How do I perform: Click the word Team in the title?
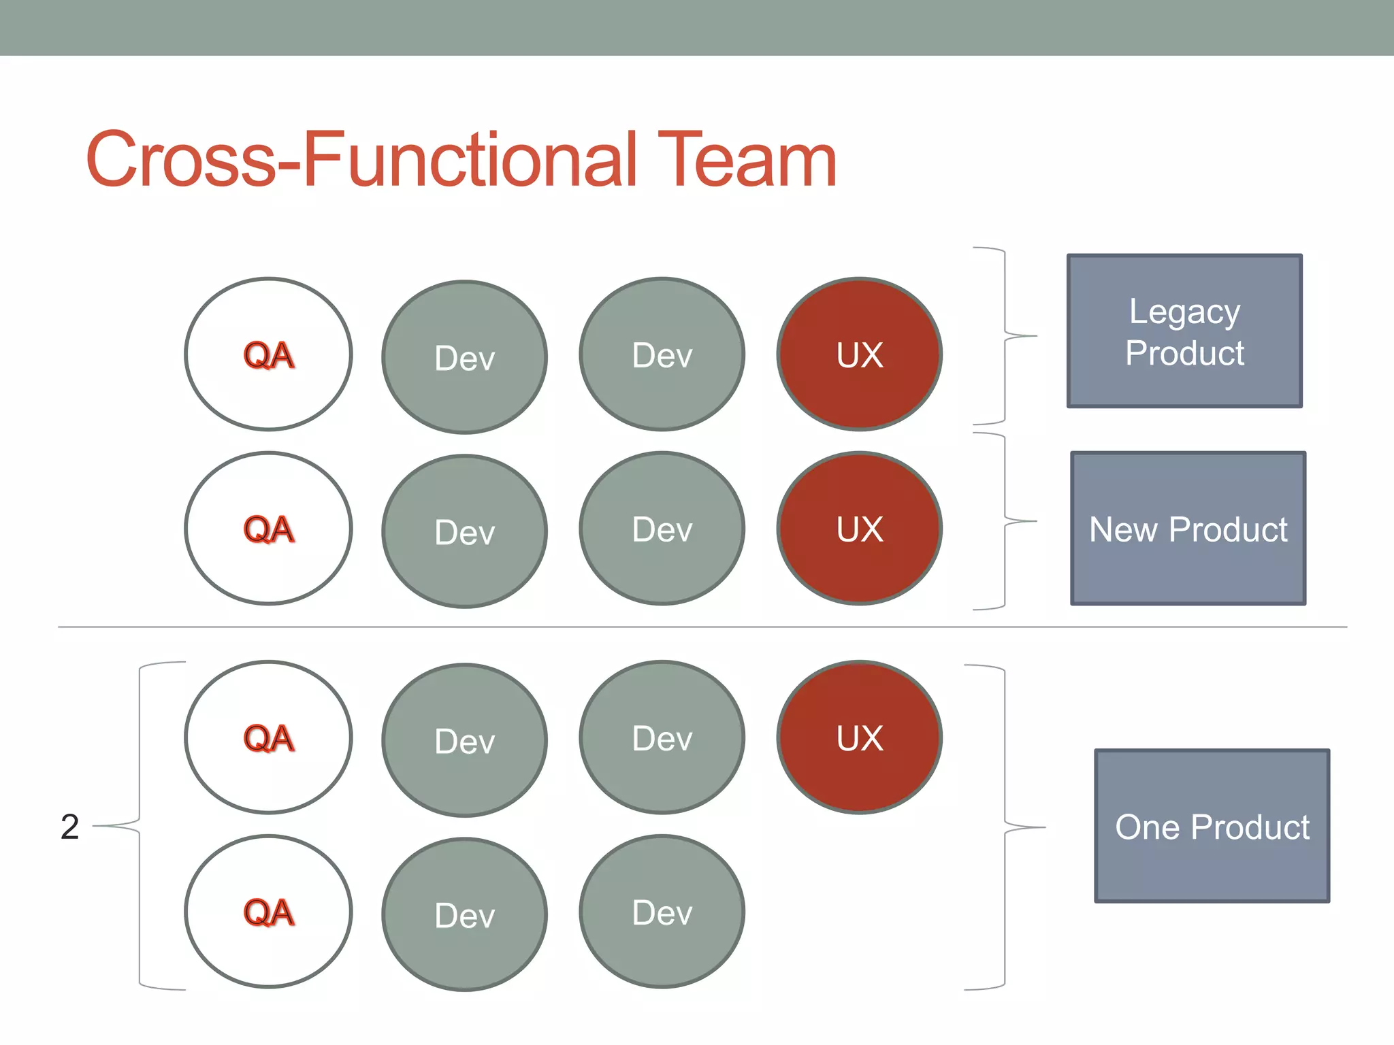(x=747, y=160)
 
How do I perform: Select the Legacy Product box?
(x=1184, y=331)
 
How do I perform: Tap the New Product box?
(x=1188, y=529)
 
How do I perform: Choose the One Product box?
(x=1212, y=826)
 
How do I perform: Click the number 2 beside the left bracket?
(x=69, y=827)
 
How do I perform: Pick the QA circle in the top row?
(x=268, y=354)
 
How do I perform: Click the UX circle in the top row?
(x=860, y=354)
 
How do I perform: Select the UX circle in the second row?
(x=860, y=529)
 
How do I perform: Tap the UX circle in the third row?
(x=860, y=737)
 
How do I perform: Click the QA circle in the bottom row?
(x=268, y=912)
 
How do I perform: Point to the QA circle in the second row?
(x=268, y=529)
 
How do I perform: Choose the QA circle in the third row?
(x=268, y=737)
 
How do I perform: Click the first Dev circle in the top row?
(x=465, y=357)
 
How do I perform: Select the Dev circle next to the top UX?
(x=662, y=354)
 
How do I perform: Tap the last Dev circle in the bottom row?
(x=662, y=912)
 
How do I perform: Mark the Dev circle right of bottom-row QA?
(x=465, y=914)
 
